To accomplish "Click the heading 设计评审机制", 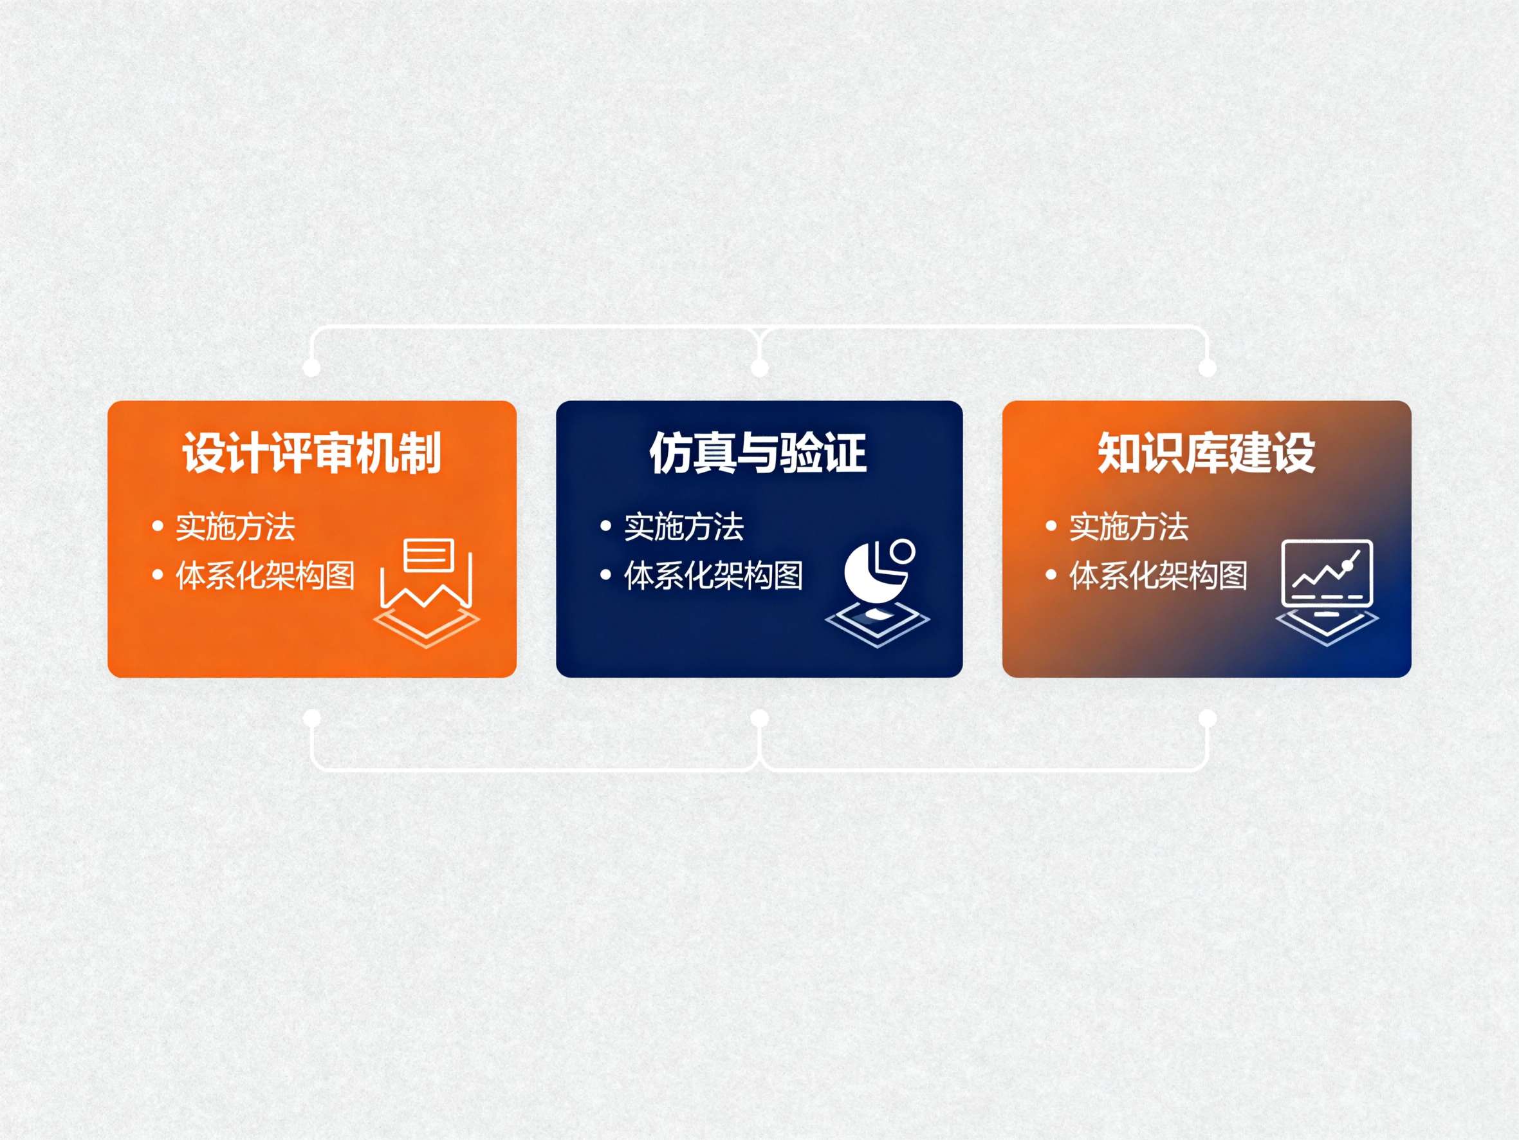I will click(x=311, y=453).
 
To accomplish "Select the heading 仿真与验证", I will click(x=758, y=453).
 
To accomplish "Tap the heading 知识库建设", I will click(x=1206, y=453).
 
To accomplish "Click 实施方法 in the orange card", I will click(x=235, y=527).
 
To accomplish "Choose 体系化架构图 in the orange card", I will click(x=265, y=575).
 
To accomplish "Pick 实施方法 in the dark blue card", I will click(x=683, y=527).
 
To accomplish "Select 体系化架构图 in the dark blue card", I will click(x=713, y=575).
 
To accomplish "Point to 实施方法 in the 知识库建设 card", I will click(x=1128, y=527).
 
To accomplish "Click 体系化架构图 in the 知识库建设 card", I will click(x=1158, y=575).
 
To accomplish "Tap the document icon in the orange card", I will click(x=427, y=591).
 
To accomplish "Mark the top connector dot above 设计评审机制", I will click(x=312, y=368).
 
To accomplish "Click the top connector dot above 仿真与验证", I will click(x=759, y=368).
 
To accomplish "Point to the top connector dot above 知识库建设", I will click(x=1207, y=368).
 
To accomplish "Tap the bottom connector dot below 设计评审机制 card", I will click(x=312, y=719).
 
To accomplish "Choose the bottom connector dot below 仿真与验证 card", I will click(x=759, y=719).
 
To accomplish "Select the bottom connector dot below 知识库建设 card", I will click(x=1207, y=719).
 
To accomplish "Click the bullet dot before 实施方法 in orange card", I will click(x=158, y=527).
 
